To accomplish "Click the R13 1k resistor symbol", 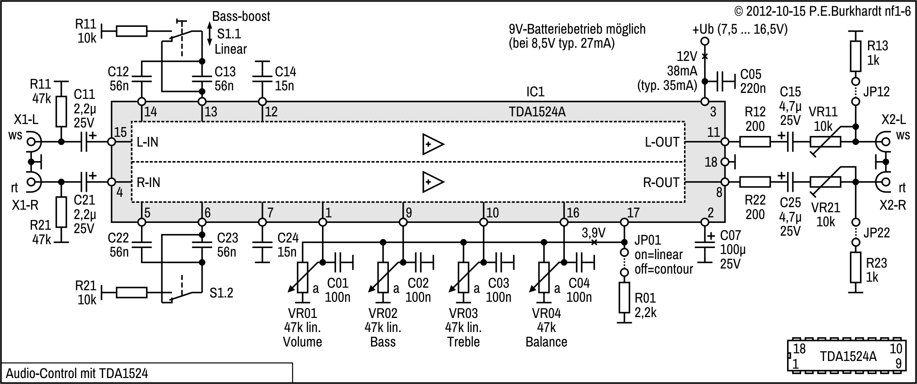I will (x=855, y=56).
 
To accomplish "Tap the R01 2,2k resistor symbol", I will (x=624, y=297).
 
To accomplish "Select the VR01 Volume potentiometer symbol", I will (x=302, y=277).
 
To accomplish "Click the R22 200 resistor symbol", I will (x=755, y=182).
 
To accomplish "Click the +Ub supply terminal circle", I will (x=704, y=41).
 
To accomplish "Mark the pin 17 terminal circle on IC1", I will (x=624, y=222).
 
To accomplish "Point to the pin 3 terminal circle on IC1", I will (x=704, y=102).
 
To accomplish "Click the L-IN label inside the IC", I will (x=147, y=142).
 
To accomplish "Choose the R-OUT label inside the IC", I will (x=661, y=183).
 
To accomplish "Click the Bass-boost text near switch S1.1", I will (x=241, y=17).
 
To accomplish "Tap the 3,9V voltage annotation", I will (x=594, y=233).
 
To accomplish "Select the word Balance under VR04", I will (x=546, y=342).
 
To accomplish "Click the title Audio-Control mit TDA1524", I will (x=77, y=374).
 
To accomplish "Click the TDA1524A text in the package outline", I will (x=848, y=356).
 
